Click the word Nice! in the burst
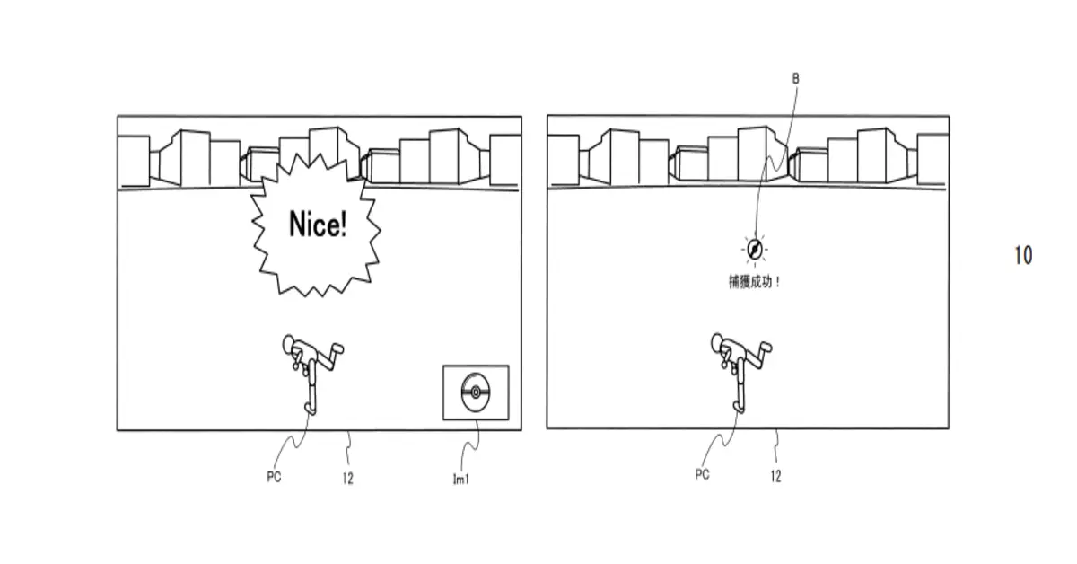[318, 224]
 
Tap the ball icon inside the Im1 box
[476, 392]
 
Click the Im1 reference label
[461, 479]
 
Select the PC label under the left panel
[274, 477]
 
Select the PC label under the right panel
[702, 475]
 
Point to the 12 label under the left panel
[348, 479]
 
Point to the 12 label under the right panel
[775, 476]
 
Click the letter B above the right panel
[796, 78]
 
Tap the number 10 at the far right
[1023, 256]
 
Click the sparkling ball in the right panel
[755, 250]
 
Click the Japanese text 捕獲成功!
[755, 282]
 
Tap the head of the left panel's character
[288, 343]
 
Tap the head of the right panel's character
[717, 342]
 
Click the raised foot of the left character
[337, 348]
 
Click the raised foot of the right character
[766, 347]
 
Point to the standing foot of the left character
[311, 409]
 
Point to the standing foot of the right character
[738, 407]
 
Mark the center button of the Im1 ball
[476, 392]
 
